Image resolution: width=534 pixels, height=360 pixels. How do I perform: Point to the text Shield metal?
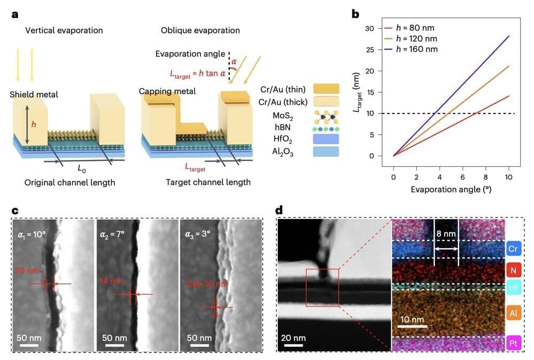pos(34,95)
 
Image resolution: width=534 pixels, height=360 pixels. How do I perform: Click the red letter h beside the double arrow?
pos(34,125)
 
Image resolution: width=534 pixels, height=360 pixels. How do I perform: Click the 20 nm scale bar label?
pos(293,338)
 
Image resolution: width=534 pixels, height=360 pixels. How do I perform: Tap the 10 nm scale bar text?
pos(412,320)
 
